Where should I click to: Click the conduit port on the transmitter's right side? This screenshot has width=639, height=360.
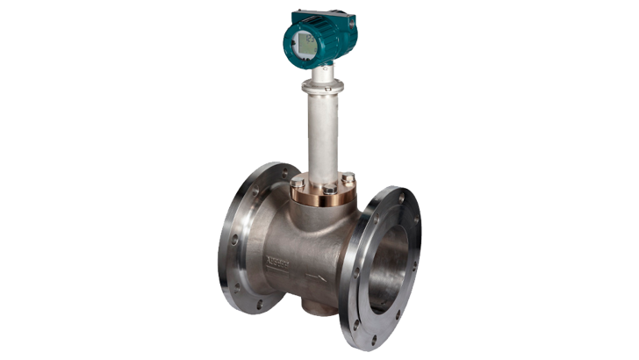(355, 27)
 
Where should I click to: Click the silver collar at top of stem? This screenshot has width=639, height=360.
(321, 86)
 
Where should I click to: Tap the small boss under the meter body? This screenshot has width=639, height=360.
(309, 307)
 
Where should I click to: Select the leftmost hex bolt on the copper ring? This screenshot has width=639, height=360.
(297, 183)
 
